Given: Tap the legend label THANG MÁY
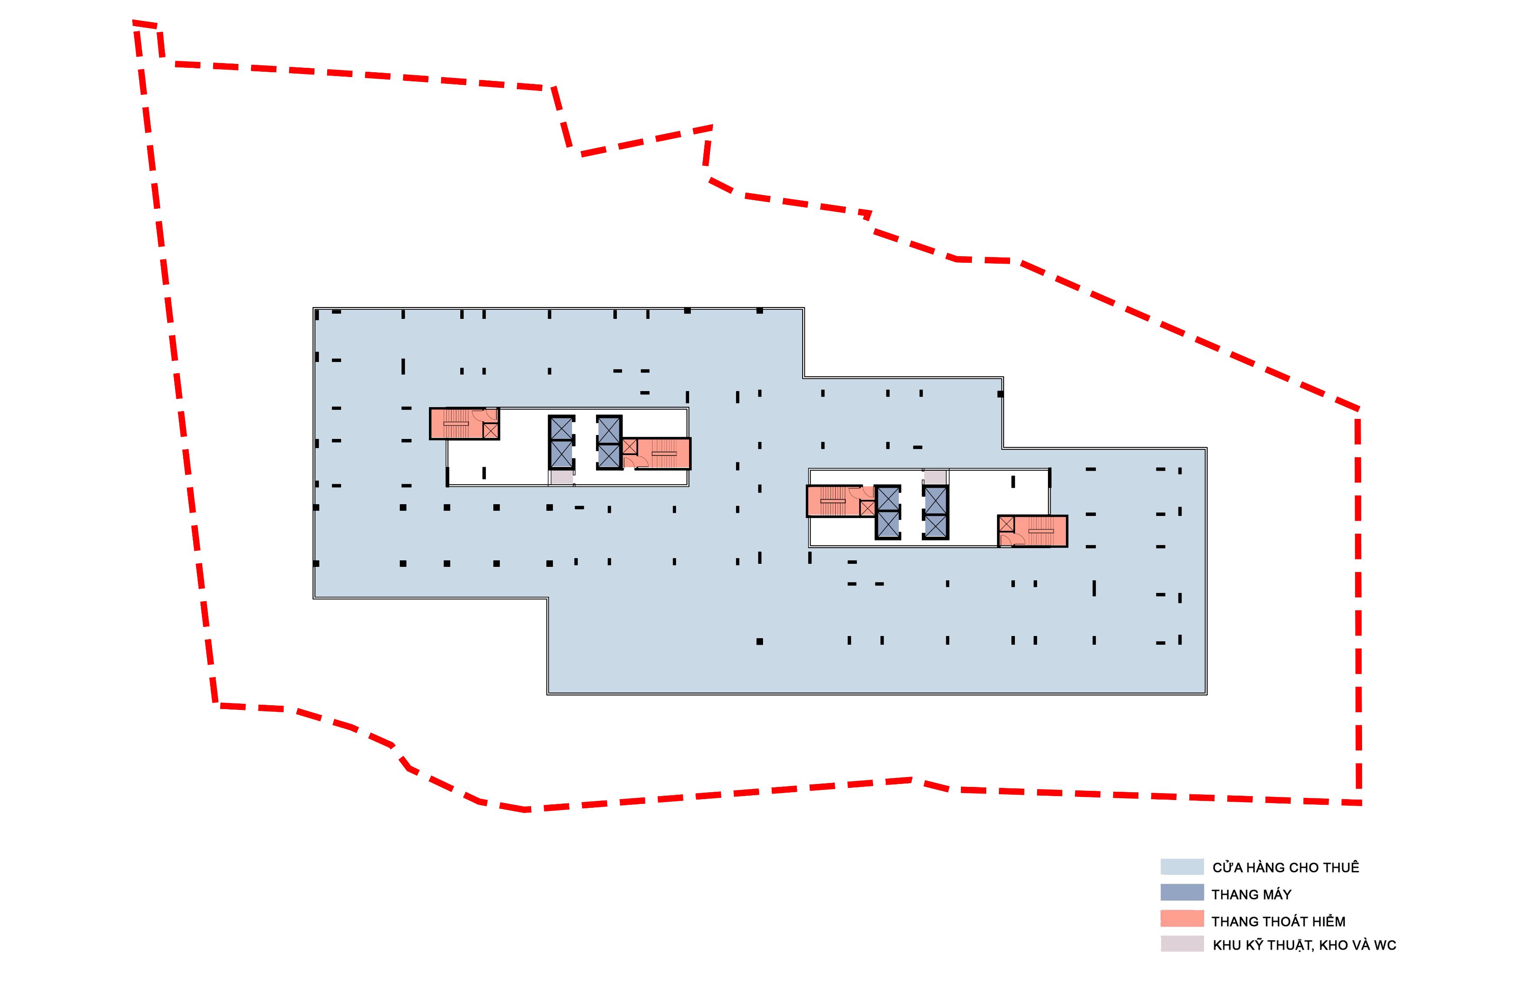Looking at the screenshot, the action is (1251, 894).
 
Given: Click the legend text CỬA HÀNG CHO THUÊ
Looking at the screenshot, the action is (1285, 867).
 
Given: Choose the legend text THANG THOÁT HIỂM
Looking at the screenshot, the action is (1278, 921).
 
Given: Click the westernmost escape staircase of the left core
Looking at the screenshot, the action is (456, 424).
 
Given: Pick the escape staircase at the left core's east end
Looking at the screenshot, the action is (663, 453).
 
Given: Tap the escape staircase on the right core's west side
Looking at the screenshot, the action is (833, 501).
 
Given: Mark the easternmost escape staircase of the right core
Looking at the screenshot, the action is (1040, 531).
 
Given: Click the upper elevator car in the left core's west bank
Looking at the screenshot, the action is (561, 429).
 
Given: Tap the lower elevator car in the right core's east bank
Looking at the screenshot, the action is (935, 526).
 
